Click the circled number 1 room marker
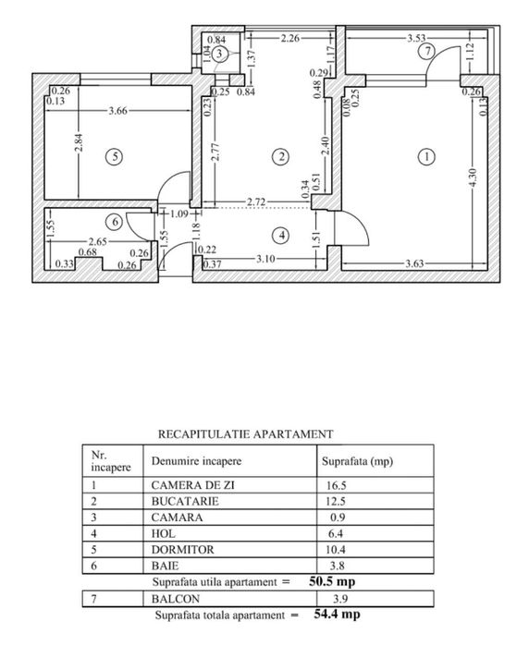point(426,156)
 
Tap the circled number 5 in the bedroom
point(114,156)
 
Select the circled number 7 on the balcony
point(427,52)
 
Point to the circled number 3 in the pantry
point(219,54)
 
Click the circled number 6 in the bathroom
point(114,222)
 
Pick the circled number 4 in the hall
point(282,236)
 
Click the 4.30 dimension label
point(473,177)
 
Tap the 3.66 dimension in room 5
point(118,110)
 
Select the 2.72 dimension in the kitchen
point(256,202)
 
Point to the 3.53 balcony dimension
point(416,38)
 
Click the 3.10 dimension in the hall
point(265,259)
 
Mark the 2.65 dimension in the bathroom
point(98,241)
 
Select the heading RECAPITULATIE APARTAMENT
point(245,433)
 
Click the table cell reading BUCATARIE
point(185,502)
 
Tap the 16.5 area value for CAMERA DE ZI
point(336,485)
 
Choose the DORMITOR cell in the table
point(183,550)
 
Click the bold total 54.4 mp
point(337,614)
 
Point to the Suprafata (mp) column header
point(358,461)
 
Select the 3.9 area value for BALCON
point(340,599)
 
